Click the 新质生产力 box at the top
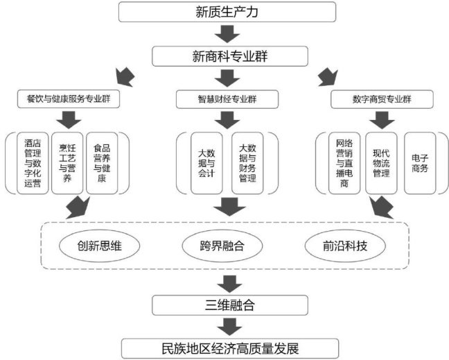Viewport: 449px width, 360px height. click(227, 12)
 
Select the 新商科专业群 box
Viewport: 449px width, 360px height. click(227, 55)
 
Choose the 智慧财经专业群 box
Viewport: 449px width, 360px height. click(226, 99)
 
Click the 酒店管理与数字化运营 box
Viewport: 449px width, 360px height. click(33, 163)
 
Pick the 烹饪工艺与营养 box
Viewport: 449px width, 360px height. click(67, 163)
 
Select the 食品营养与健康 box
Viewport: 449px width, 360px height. click(102, 163)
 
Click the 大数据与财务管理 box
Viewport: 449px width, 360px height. click(247, 163)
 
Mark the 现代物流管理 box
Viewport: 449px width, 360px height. click(381, 163)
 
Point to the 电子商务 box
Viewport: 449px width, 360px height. click(420, 163)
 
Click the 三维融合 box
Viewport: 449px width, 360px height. click(227, 303)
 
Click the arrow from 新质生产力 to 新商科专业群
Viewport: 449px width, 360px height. click(227, 33)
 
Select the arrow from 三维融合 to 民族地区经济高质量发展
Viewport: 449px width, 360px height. click(227, 325)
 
